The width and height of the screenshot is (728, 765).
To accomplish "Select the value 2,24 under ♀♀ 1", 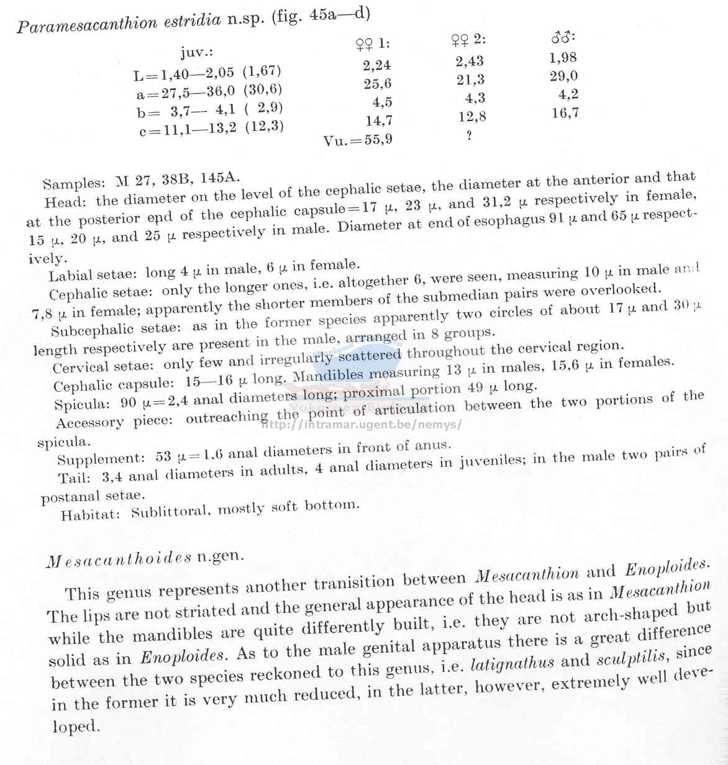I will tap(377, 65).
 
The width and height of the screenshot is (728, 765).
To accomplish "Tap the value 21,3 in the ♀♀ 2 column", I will tap(470, 79).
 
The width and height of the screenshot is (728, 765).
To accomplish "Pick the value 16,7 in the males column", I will tap(565, 113).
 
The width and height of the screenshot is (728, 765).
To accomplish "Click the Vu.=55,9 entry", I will tap(358, 140).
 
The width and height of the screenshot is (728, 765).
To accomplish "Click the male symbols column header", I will tap(563, 38).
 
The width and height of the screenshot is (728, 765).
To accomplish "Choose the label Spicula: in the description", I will tap(82, 405).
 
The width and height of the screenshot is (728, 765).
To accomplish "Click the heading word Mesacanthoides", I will tap(119, 560).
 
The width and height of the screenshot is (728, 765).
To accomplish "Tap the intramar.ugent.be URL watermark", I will tap(362, 425).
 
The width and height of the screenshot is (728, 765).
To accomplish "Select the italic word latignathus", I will tap(512, 663).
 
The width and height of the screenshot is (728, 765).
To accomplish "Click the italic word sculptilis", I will tap(632, 657).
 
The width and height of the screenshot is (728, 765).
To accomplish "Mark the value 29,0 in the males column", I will tap(563, 76).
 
